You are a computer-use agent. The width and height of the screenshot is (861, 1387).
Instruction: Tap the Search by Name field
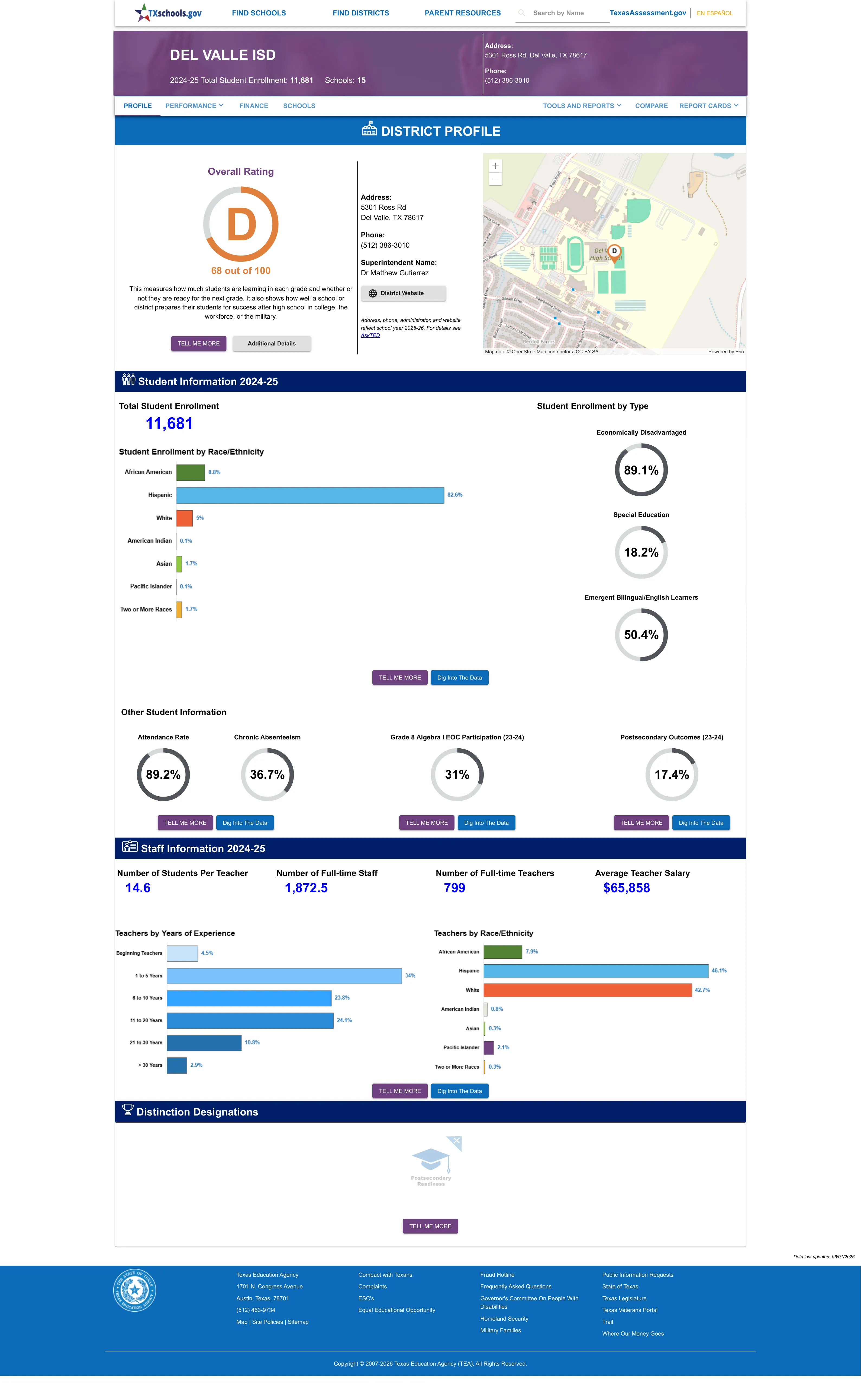pos(562,13)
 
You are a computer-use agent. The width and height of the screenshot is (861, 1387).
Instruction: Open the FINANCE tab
pos(253,106)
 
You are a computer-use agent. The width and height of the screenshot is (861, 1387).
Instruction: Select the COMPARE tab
pos(652,106)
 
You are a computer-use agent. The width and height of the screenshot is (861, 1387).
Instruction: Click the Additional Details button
pos(272,344)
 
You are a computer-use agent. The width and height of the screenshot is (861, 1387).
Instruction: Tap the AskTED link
pos(370,335)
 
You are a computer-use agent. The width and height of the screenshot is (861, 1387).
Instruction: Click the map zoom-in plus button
pos(495,166)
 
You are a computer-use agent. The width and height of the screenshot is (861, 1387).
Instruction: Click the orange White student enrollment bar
pos(185,518)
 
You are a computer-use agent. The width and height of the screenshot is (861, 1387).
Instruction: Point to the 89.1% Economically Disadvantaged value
pos(641,470)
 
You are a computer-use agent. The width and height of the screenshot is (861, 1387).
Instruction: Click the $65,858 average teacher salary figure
pos(626,888)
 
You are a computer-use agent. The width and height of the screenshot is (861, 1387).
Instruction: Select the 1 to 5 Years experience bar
pos(284,975)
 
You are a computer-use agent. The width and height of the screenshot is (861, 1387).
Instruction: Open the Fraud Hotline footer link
pos(497,1275)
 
